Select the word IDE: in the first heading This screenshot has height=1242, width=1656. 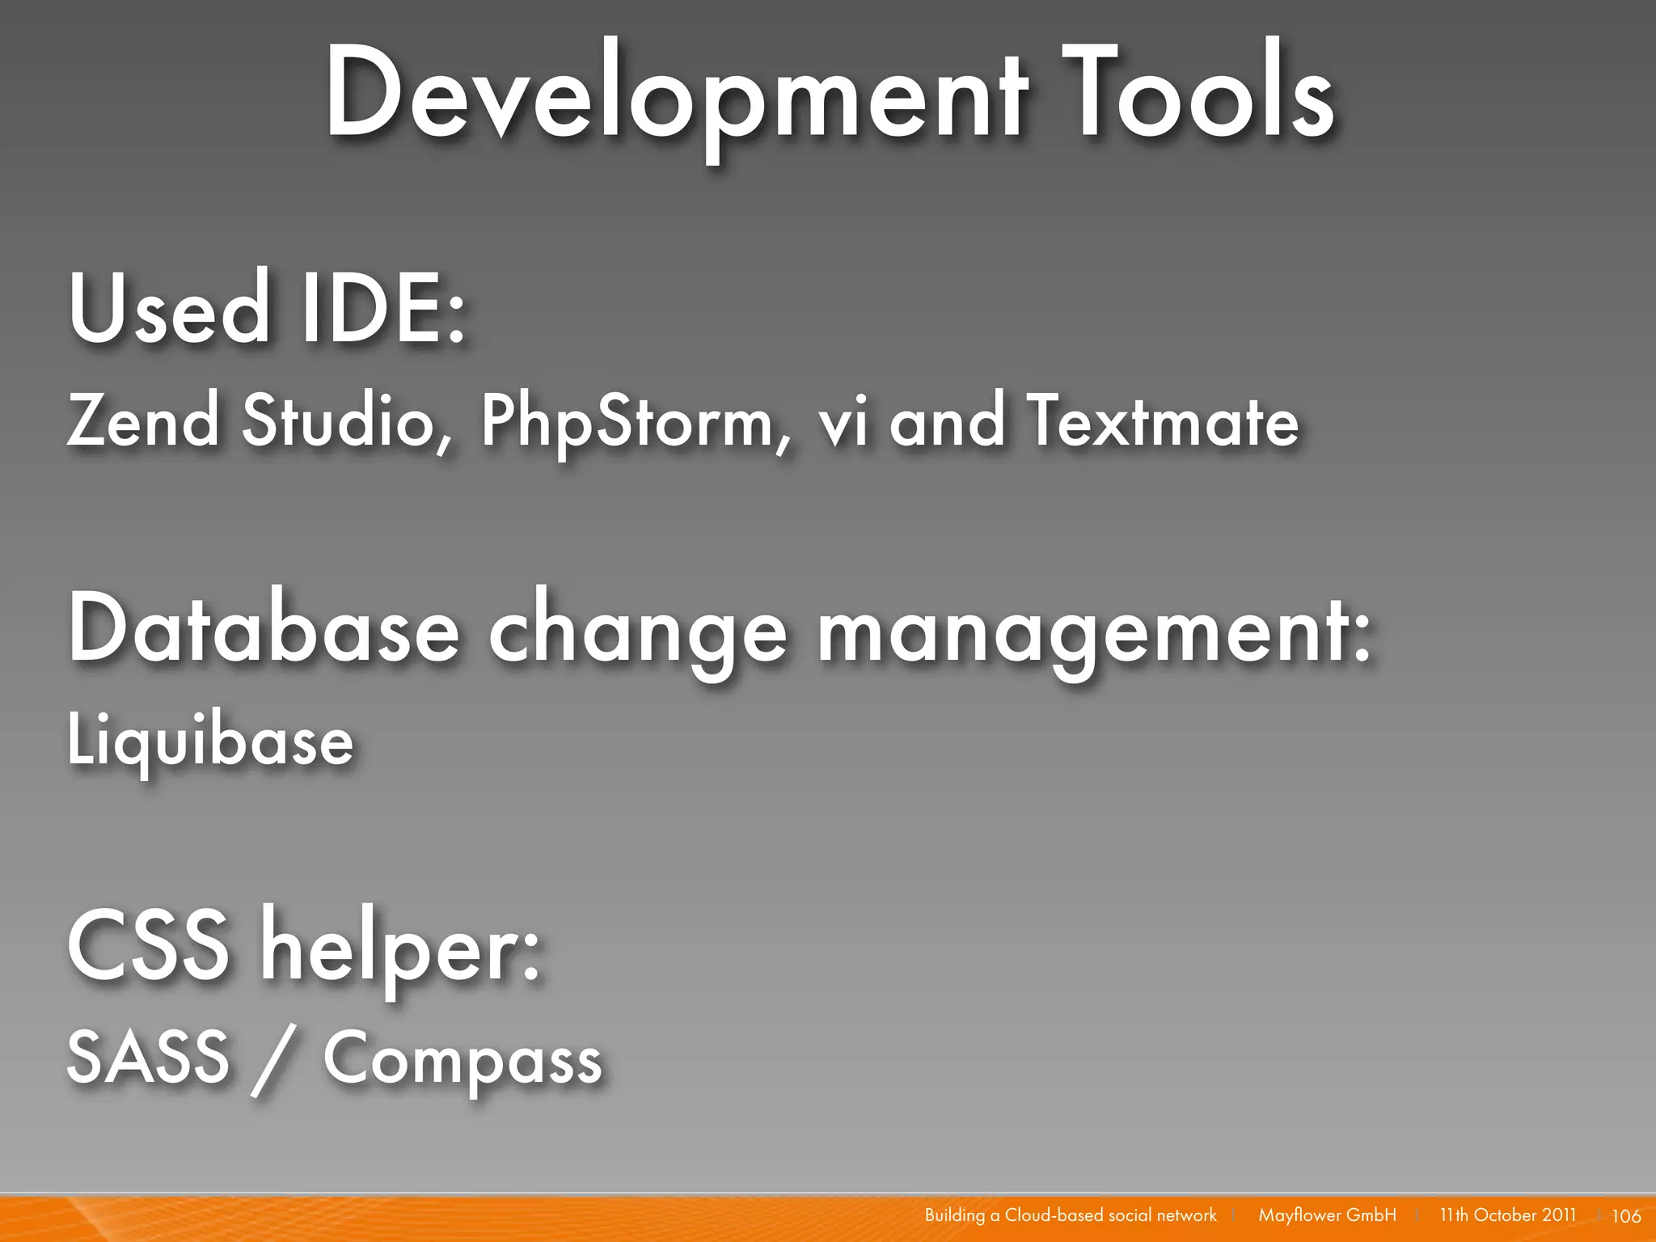pos(383,309)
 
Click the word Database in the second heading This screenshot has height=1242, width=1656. pos(264,629)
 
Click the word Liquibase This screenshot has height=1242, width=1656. pos(210,741)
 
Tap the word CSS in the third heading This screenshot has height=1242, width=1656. pos(149,944)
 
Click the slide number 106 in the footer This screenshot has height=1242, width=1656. pos(1626,1215)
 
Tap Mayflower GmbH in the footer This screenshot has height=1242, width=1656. pos(1327,1215)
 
